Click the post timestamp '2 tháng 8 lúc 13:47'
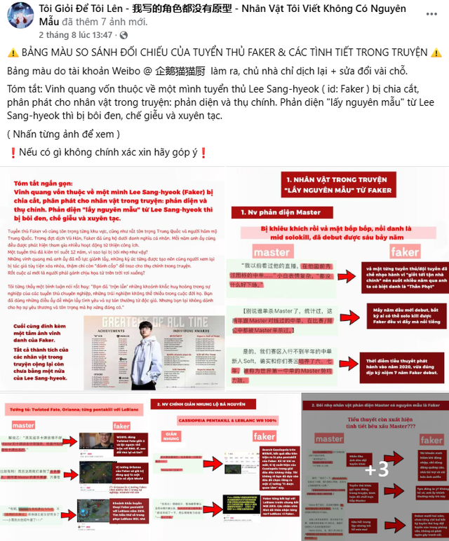76,34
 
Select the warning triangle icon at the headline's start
13,53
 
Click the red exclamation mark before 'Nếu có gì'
12,153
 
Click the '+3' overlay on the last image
376,467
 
